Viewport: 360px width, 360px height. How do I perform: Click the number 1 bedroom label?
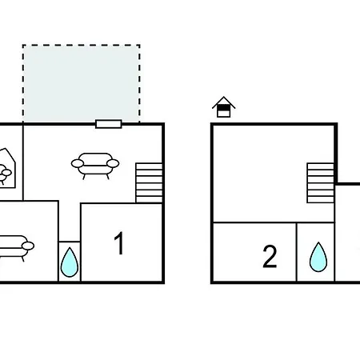(119, 243)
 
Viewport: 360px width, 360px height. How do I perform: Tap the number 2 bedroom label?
(270, 256)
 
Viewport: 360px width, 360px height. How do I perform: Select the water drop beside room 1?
(70, 262)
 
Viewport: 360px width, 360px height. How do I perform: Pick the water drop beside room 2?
(318, 257)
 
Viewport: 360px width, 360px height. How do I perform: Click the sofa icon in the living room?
(95, 166)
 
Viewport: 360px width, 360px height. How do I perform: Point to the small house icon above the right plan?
(223, 107)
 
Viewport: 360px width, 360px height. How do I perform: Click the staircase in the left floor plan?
(149, 183)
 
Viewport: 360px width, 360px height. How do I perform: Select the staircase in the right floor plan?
(321, 183)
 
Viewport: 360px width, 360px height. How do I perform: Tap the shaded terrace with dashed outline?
(82, 83)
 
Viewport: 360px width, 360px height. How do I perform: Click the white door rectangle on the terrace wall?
(109, 124)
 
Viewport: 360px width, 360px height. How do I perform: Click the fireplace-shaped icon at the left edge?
(8, 168)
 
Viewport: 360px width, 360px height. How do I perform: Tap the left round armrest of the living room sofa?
(78, 163)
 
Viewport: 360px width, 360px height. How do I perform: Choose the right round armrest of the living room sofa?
(113, 163)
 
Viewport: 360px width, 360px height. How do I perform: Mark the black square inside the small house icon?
(223, 107)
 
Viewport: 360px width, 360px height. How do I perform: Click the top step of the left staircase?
(149, 166)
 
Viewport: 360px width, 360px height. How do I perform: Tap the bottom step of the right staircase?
(321, 200)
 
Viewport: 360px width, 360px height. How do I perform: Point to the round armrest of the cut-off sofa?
(28, 246)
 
